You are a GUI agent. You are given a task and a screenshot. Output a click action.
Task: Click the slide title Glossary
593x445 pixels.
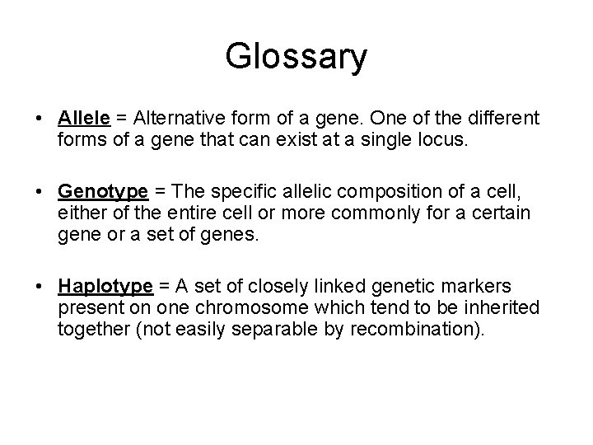click(x=296, y=58)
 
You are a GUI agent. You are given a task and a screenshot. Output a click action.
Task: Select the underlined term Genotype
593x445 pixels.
click(x=103, y=191)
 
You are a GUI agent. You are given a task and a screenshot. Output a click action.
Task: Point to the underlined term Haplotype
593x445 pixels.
click(x=105, y=286)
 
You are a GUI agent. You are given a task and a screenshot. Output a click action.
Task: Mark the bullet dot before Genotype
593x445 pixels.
click(x=41, y=192)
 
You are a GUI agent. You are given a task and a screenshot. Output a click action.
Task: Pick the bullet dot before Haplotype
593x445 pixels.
click(x=41, y=287)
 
